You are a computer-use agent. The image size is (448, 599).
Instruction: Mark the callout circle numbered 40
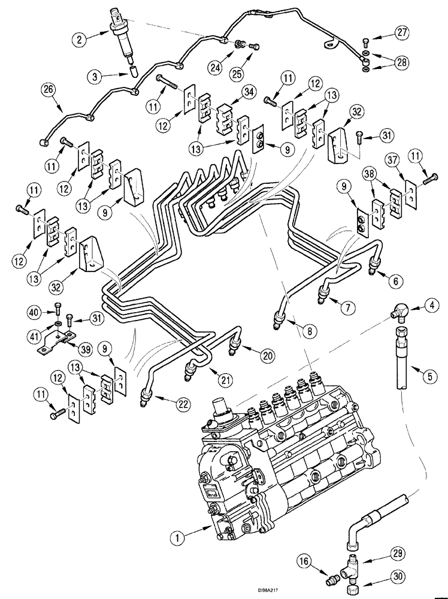(x=35, y=311)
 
